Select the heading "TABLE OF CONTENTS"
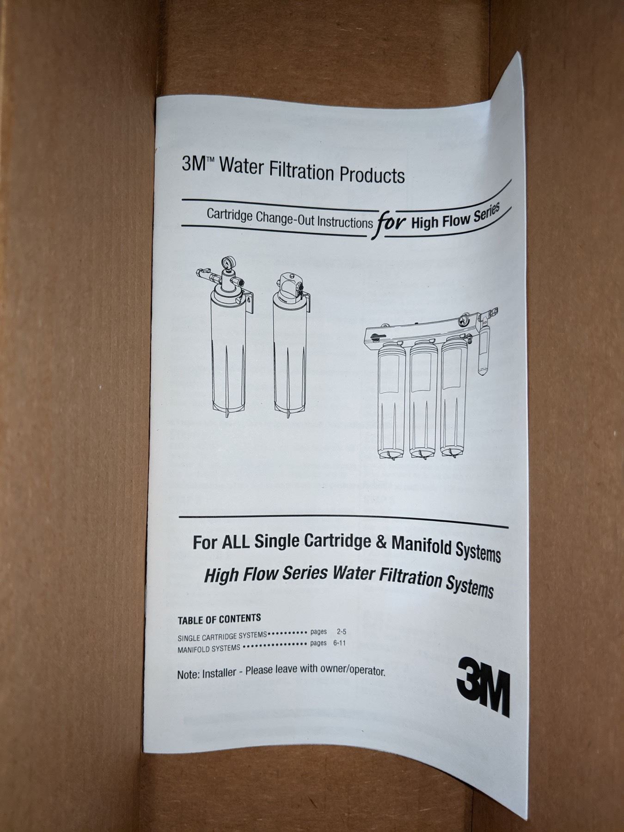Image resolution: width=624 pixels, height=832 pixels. click(220, 618)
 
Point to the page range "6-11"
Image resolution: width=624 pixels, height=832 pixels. click(339, 643)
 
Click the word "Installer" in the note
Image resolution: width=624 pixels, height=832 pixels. click(220, 673)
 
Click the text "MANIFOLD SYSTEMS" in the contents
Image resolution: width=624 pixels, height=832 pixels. click(209, 648)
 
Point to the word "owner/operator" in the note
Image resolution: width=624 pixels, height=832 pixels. click(355, 671)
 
